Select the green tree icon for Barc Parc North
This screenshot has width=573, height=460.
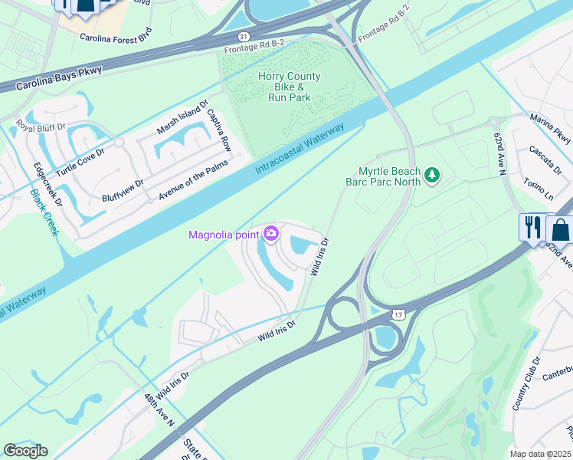point(433,176)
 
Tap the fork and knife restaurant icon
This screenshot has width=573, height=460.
point(531,227)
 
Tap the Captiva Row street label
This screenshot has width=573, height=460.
point(218,129)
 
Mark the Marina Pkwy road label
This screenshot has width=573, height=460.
point(553,128)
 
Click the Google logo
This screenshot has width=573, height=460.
point(25,451)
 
